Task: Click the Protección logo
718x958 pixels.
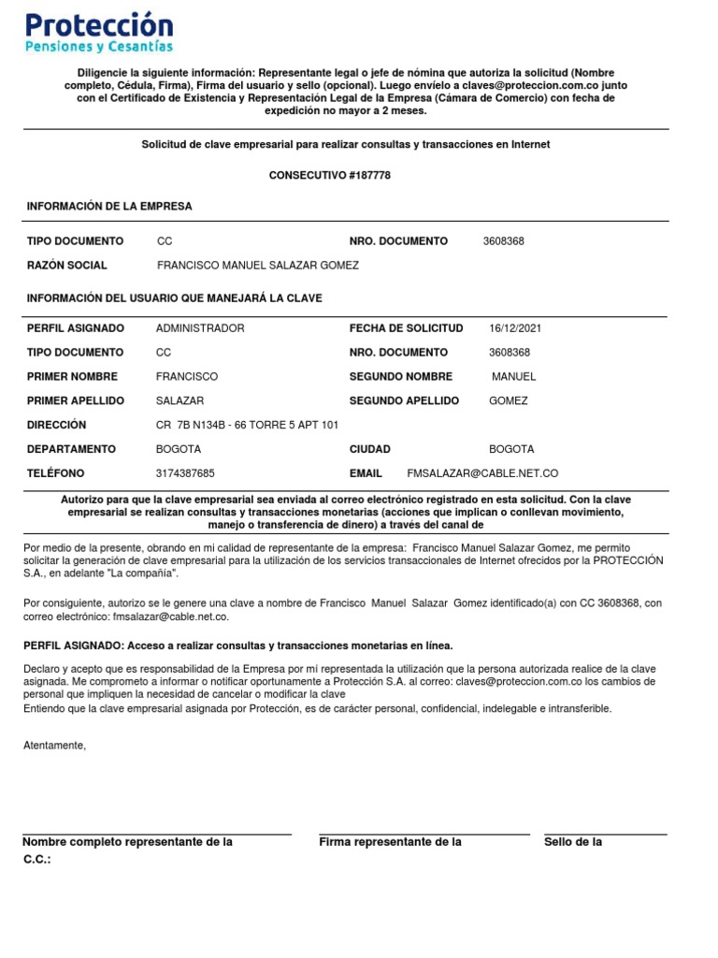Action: (x=98, y=33)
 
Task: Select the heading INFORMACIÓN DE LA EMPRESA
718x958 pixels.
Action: (x=109, y=206)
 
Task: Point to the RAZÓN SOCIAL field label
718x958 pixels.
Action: (x=67, y=265)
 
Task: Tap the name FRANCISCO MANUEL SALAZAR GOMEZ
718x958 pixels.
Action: (x=258, y=265)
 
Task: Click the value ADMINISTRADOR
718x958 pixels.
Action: (x=200, y=328)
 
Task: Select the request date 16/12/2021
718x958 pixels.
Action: (x=515, y=328)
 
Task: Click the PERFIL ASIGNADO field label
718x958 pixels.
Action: (x=76, y=328)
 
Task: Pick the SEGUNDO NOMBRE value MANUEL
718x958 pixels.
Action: (x=514, y=377)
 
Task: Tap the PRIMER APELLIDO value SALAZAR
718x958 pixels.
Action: (x=180, y=400)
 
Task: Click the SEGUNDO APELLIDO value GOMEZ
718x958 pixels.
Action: (x=509, y=400)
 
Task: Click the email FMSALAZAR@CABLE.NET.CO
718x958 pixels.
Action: (x=482, y=473)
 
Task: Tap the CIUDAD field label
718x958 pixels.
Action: (x=370, y=449)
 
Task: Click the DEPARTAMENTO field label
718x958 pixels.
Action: (x=72, y=449)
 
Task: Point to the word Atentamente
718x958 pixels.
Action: (x=55, y=746)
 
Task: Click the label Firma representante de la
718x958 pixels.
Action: (x=391, y=842)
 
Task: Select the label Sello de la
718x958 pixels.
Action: (x=573, y=842)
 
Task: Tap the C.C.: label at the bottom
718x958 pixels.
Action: (x=37, y=859)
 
